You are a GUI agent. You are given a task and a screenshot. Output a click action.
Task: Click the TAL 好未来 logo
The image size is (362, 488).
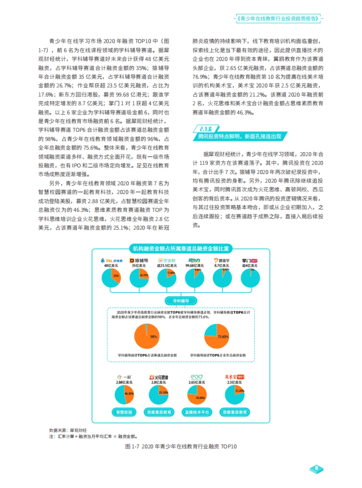click(111, 261)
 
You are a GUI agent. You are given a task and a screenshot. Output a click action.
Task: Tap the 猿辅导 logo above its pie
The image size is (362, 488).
click(139, 260)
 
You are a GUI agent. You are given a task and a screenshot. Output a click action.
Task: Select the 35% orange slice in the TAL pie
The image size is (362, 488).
click(116, 276)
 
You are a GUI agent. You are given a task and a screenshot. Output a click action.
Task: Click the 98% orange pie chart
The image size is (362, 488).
click(147, 336)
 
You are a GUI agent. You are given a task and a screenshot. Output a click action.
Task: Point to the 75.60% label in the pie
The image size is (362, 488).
click(223, 337)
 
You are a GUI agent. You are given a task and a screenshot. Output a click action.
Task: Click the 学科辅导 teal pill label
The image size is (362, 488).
click(181, 301)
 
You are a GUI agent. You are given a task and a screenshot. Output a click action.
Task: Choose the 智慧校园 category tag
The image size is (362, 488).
click(124, 412)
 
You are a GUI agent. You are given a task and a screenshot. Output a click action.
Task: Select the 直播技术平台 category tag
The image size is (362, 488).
click(197, 412)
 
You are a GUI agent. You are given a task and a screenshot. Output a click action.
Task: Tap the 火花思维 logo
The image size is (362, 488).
click(159, 377)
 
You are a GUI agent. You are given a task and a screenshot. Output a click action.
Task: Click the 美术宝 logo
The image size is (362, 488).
click(234, 377)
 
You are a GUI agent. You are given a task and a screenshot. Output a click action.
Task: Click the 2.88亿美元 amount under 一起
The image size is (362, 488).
click(124, 382)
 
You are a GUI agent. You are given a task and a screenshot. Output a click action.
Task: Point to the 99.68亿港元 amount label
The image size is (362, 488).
click(194, 265)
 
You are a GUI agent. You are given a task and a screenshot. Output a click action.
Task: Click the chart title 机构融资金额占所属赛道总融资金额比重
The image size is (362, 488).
click(181, 249)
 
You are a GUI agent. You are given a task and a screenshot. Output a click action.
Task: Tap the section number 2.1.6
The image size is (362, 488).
click(206, 129)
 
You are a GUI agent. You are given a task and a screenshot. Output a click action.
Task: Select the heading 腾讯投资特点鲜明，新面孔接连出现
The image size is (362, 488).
click(240, 136)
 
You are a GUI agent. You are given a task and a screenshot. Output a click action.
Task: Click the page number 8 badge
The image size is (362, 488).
click(316, 468)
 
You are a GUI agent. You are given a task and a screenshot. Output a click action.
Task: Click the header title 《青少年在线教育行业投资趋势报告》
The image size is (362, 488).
click(278, 18)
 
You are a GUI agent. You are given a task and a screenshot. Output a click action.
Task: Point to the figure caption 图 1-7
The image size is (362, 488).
click(181, 446)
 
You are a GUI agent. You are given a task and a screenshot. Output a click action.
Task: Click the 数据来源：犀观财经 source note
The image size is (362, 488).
click(68, 430)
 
